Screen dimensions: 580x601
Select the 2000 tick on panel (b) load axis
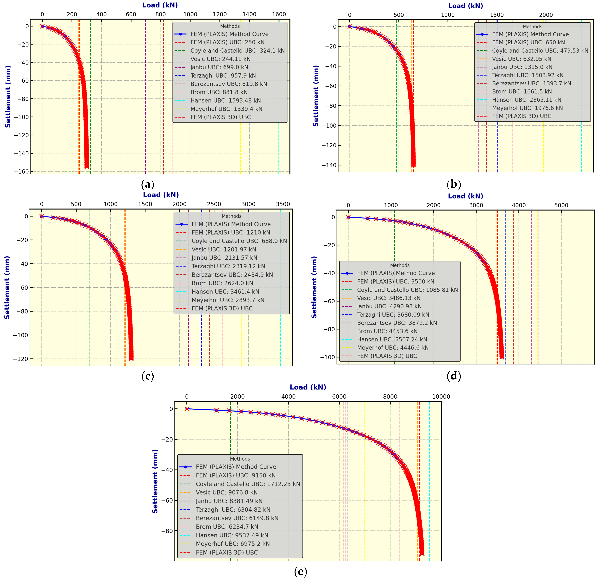click(546, 15)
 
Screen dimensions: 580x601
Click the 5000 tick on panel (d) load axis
click(561, 205)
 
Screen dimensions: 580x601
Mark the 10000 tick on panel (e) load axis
click(441, 397)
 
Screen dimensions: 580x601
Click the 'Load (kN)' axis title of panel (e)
click(308, 387)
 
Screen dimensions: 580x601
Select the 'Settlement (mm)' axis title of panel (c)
click(7, 288)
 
